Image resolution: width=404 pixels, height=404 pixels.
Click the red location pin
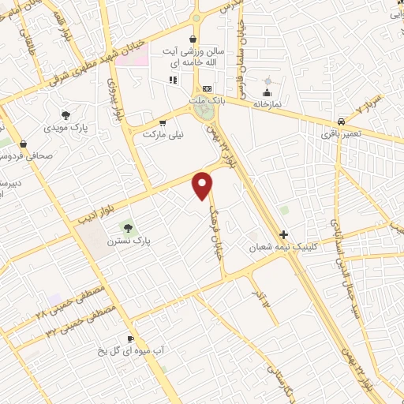204,185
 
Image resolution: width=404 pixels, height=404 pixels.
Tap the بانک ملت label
209,102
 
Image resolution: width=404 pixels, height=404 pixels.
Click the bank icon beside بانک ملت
208,88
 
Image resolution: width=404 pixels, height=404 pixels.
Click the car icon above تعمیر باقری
340,122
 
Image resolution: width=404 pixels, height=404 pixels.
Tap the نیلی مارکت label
163,135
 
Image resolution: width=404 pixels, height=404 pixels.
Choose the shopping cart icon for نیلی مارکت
163,122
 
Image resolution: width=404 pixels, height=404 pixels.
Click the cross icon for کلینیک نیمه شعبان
284,234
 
